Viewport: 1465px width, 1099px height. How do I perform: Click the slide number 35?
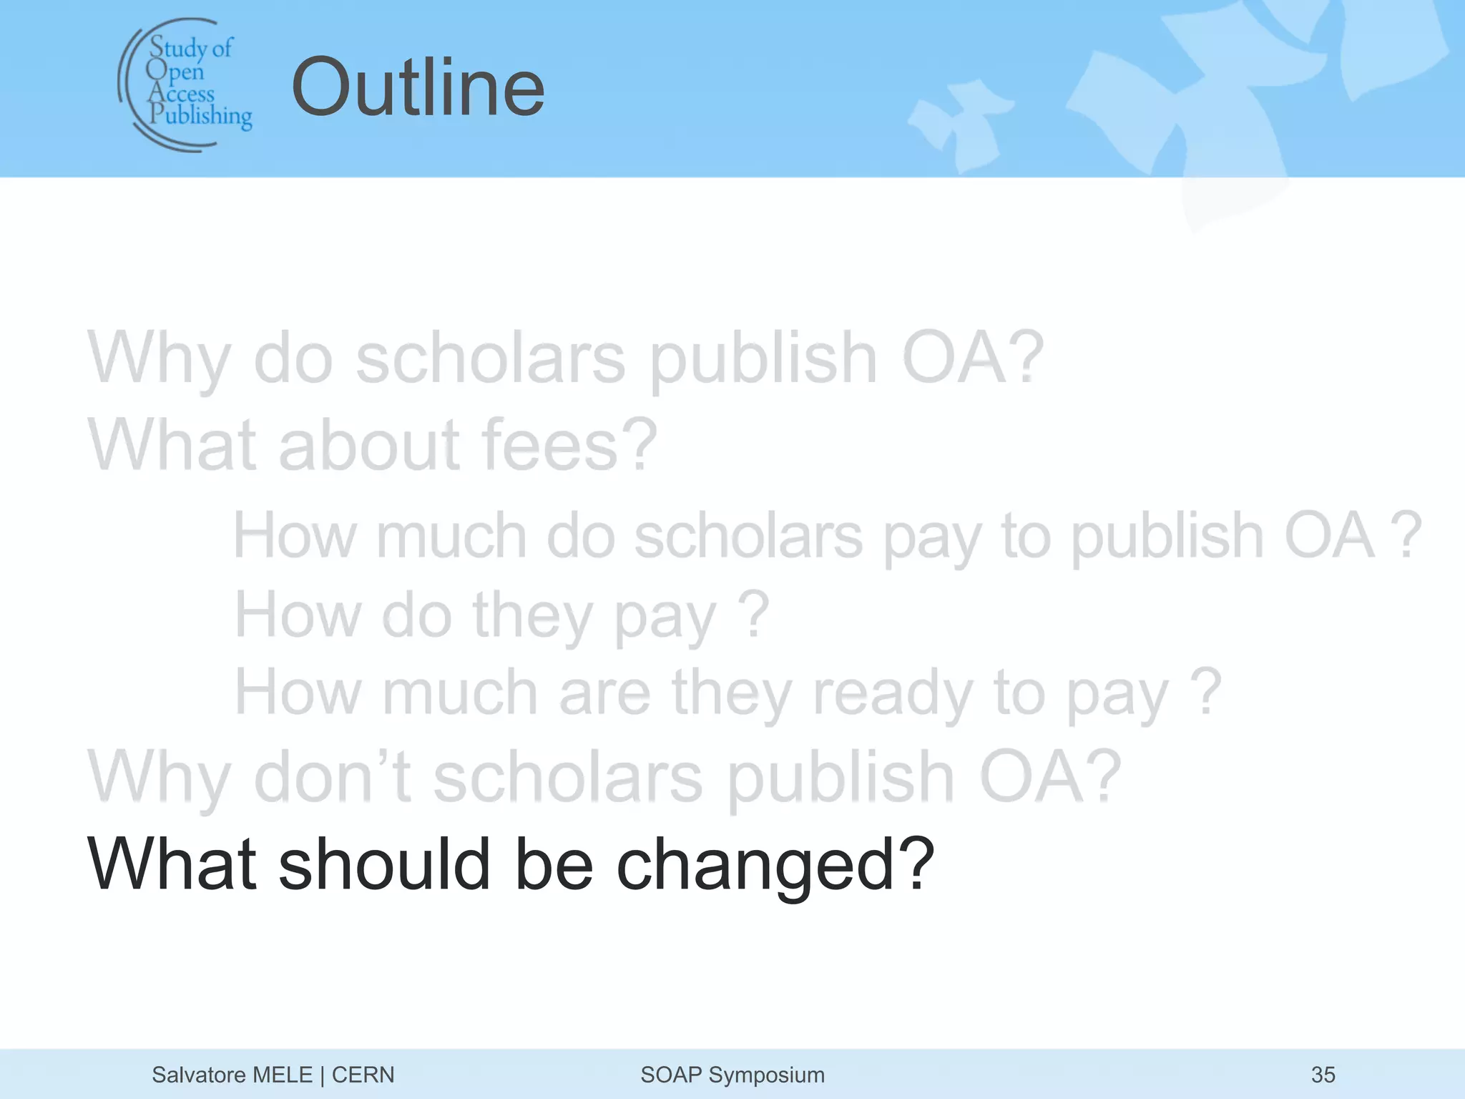1323,1075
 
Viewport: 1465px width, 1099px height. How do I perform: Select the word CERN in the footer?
363,1075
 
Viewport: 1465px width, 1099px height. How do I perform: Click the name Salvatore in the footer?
197,1075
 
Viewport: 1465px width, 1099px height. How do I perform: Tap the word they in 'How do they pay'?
533,615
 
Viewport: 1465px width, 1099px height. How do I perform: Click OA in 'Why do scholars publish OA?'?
954,358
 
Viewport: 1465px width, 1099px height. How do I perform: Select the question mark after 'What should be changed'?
916,865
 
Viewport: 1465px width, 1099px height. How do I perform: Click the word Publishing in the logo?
201,116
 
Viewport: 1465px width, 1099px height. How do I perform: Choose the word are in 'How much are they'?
604,693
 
